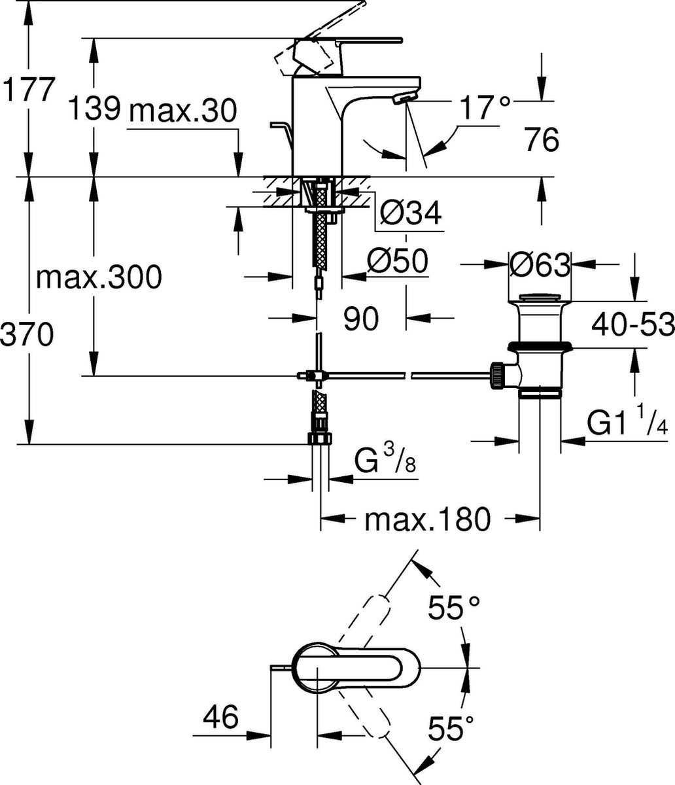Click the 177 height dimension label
(27, 89)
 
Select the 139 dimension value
(95, 108)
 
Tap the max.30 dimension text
(183, 111)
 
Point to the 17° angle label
(485, 108)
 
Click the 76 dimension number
(542, 140)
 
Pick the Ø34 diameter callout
(410, 213)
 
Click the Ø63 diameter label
(540, 265)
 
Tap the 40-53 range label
(632, 324)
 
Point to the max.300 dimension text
(99, 277)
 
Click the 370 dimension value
(27, 334)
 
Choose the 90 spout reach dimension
(361, 319)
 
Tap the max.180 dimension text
(428, 519)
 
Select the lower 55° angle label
(451, 727)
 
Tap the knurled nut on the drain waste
(497, 375)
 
